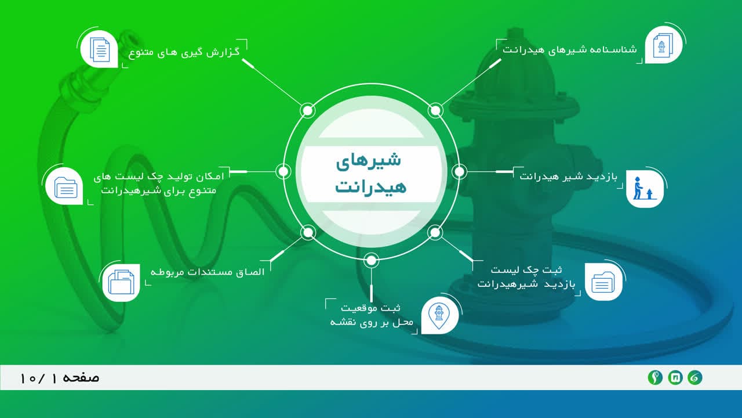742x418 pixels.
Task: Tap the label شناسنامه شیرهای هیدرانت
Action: (569, 50)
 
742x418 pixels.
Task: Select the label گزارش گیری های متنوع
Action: (184, 53)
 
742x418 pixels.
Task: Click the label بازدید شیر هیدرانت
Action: (568, 176)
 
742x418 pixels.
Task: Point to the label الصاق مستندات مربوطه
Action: (208, 272)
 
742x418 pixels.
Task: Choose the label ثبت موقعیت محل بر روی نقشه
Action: (372, 315)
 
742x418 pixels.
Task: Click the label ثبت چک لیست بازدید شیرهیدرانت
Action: (526, 277)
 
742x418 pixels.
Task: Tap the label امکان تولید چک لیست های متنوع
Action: (159, 183)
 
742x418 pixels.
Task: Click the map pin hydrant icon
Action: (439, 316)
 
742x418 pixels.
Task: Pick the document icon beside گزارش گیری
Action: (100, 49)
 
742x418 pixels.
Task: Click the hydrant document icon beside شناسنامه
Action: (663, 45)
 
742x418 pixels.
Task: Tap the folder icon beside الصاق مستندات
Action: (121, 282)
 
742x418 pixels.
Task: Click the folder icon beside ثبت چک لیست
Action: (603, 282)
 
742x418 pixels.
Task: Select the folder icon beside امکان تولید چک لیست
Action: (66, 188)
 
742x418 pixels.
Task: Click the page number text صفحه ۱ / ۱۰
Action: (60, 378)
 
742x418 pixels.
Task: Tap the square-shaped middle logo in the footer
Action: (675, 377)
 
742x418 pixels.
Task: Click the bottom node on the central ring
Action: (372, 261)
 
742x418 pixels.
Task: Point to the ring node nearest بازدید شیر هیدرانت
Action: (459, 171)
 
